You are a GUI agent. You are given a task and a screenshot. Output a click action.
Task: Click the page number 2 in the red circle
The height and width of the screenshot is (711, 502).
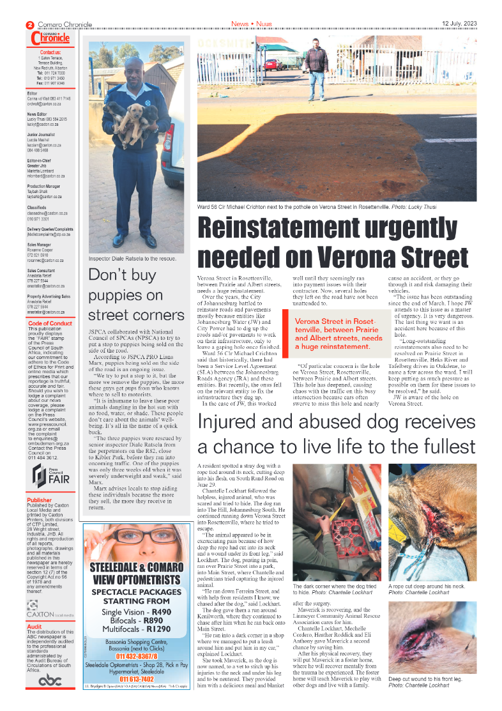point(29,25)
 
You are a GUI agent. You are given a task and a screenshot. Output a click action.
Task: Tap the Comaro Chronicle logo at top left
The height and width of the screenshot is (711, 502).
point(50,38)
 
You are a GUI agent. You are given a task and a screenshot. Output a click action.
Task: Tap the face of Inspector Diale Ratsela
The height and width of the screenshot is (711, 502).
point(134,70)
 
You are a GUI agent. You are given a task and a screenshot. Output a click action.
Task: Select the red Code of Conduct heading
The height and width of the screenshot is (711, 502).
point(50,323)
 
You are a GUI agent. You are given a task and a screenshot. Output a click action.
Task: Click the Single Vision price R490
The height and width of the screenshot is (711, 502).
point(157,612)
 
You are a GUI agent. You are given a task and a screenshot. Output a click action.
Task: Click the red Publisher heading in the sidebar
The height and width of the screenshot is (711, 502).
point(40,500)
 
